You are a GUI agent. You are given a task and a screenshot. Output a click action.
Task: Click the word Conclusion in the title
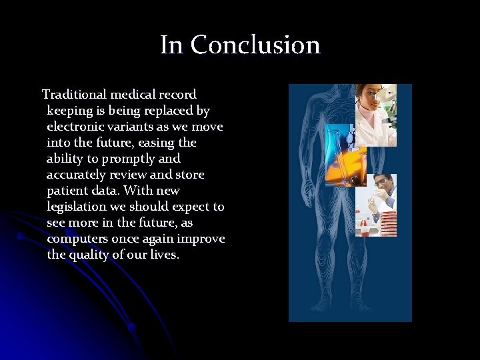coord(255,45)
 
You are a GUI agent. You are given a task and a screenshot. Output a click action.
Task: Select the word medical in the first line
coord(135,95)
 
